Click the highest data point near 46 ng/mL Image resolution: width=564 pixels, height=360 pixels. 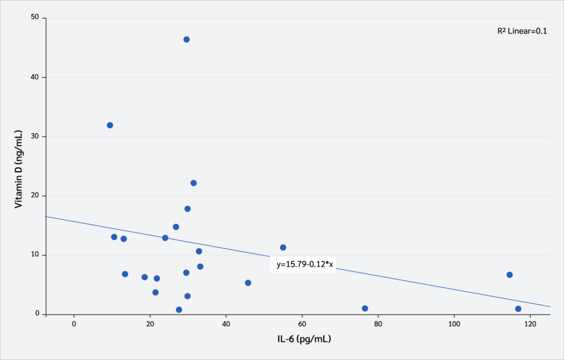pos(187,40)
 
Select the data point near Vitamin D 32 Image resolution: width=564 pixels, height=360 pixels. pos(110,126)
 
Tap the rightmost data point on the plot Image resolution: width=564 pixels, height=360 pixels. pos(518,309)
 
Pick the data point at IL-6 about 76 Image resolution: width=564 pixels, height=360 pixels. pos(365,308)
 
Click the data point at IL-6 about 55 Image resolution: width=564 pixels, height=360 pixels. pos(283,248)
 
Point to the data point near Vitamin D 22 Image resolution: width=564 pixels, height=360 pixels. pos(194,183)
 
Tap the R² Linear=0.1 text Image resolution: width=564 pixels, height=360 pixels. pos(522,31)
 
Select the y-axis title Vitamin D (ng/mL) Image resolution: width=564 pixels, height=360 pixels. pos(19,168)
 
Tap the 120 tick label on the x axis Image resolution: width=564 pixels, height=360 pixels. pos(530,324)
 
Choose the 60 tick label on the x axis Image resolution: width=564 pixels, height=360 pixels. pos(302,324)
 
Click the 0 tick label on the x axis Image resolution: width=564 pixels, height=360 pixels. pos(74,324)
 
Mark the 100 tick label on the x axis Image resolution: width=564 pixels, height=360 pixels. pos(454,324)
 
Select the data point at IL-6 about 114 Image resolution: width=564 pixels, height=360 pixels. pos(509,275)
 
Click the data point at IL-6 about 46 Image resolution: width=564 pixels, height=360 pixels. pos(248,283)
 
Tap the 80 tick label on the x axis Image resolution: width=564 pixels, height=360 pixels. pos(378,324)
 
